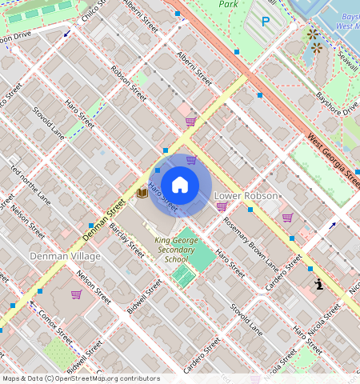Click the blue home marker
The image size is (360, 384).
(180, 185)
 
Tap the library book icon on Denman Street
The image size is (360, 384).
(142, 193)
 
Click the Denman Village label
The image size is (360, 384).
(65, 256)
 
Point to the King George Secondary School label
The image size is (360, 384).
(176, 249)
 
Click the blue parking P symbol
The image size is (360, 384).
(265, 22)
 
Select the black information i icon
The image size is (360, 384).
(318, 284)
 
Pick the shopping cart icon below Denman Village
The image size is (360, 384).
(76, 294)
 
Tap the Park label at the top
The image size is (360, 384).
(230, 4)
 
